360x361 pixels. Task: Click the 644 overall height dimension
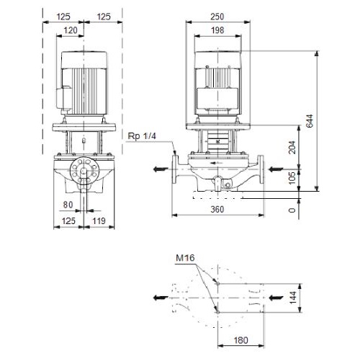click(x=310, y=121)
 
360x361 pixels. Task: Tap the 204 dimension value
click(x=292, y=147)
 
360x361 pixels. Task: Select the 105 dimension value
click(x=292, y=178)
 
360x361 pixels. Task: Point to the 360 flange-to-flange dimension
click(x=217, y=210)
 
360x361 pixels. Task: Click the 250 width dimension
click(x=217, y=17)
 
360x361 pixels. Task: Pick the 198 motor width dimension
click(x=217, y=30)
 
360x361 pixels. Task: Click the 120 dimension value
click(x=71, y=30)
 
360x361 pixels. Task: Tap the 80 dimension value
click(x=68, y=205)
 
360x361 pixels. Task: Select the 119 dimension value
click(x=99, y=220)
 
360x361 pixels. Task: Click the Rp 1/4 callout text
click(x=142, y=136)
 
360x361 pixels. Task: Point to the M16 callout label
click(x=185, y=258)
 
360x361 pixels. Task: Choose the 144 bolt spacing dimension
click(x=293, y=298)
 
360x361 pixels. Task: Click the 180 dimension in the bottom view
click(x=240, y=340)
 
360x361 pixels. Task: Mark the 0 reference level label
click(x=292, y=210)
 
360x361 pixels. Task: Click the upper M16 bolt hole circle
click(x=217, y=284)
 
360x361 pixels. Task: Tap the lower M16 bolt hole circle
click(x=217, y=312)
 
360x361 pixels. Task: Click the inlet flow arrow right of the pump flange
click(x=276, y=169)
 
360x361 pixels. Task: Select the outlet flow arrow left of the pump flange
click(x=161, y=169)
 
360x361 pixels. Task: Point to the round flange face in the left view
click(x=84, y=171)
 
